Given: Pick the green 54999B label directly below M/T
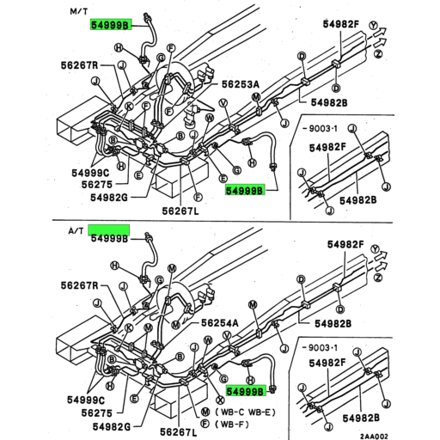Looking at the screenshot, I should tap(109, 27).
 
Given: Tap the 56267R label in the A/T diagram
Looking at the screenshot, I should tap(79, 284).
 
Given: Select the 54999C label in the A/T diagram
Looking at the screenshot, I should tap(88, 400).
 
